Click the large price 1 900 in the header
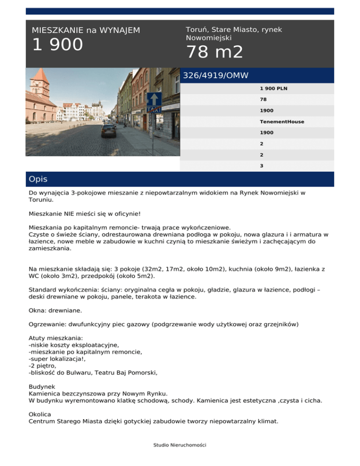tap(57, 45)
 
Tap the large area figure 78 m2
tap(215, 52)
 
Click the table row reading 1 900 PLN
tap(274, 88)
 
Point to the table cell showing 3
tap(262, 165)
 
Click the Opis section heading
tap(38, 180)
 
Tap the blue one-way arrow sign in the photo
tap(154, 99)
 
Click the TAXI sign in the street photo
tap(154, 109)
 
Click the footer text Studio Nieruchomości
tap(180, 445)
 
